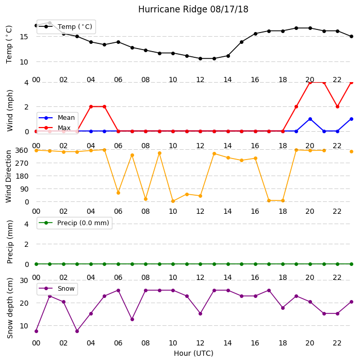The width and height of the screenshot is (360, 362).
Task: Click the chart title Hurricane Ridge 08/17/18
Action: (193, 9)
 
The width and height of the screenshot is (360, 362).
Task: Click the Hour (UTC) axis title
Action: (193, 353)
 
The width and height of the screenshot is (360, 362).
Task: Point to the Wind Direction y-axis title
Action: (9, 177)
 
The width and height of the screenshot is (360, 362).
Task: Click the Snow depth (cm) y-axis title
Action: (9, 308)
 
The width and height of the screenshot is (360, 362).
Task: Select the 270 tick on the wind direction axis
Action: (22, 163)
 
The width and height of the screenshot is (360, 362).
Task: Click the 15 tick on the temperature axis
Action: (24, 37)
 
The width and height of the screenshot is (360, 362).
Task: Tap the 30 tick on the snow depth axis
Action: (24, 280)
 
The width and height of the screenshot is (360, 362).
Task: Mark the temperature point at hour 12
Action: (201, 59)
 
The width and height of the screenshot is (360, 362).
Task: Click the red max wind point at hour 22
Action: (338, 107)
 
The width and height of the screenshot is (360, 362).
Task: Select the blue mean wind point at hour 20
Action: (310, 119)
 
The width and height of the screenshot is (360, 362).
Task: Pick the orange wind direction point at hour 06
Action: (118, 193)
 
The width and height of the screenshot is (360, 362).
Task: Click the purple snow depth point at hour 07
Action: (132, 320)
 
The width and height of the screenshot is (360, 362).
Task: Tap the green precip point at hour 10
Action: (173, 264)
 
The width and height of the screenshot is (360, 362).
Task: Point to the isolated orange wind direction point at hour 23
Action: (351, 152)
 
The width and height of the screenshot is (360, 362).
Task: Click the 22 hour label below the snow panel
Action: (337, 343)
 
